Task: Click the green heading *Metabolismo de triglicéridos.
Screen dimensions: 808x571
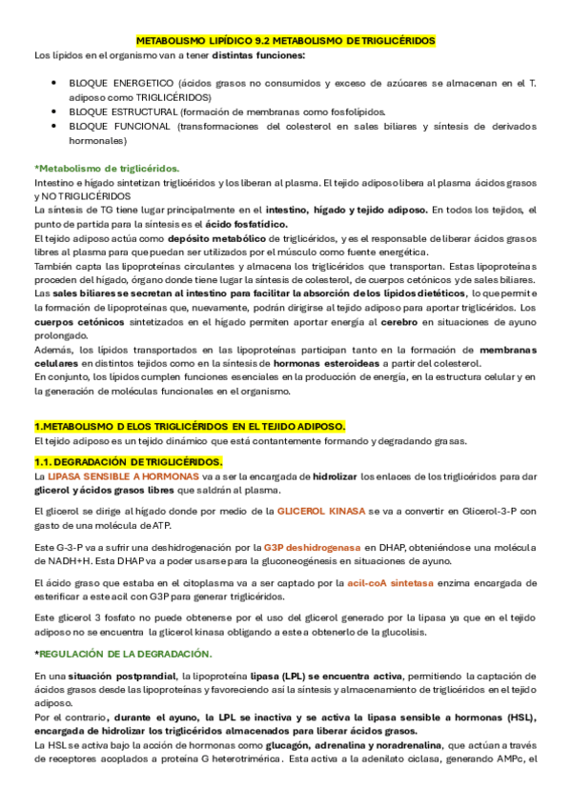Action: pyautogui.click(x=99, y=168)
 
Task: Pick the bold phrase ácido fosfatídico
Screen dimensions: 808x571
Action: pyautogui.click(x=254, y=223)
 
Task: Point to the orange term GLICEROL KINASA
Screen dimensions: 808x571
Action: pyautogui.click(x=321, y=512)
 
